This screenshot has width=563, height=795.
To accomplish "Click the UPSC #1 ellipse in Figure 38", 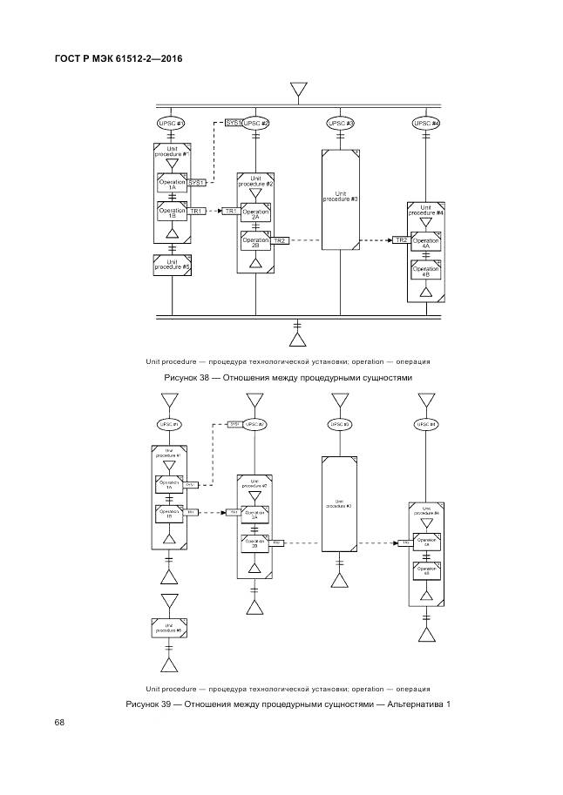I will coord(172,124).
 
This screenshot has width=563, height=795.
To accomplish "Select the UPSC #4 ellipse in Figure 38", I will coord(426,124).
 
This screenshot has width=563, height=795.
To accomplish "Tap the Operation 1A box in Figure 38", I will coord(172,184).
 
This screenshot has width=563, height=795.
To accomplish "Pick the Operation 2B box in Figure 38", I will coord(255,242).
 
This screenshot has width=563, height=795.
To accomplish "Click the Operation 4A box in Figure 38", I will coord(426,243).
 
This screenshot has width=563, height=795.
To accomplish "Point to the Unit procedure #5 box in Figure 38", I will coord(172,265).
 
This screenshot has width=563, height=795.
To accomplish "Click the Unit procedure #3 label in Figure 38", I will coord(340,197).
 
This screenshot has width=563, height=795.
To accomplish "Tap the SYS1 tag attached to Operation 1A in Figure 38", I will coord(197,183).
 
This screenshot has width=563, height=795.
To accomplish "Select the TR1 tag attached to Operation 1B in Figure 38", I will coord(197,211).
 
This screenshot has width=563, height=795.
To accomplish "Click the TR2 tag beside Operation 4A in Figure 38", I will coord(401,239).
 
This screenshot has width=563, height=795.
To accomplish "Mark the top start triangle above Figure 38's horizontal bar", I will coord(298,91).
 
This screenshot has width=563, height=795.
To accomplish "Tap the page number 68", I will coord(59,722).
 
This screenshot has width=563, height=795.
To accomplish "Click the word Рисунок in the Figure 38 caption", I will coord(181,379).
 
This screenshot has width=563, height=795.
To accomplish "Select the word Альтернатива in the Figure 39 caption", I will coord(408,704).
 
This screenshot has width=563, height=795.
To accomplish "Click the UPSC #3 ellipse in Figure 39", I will coord(340,424).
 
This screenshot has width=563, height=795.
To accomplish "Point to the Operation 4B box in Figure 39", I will coord(426,572).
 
